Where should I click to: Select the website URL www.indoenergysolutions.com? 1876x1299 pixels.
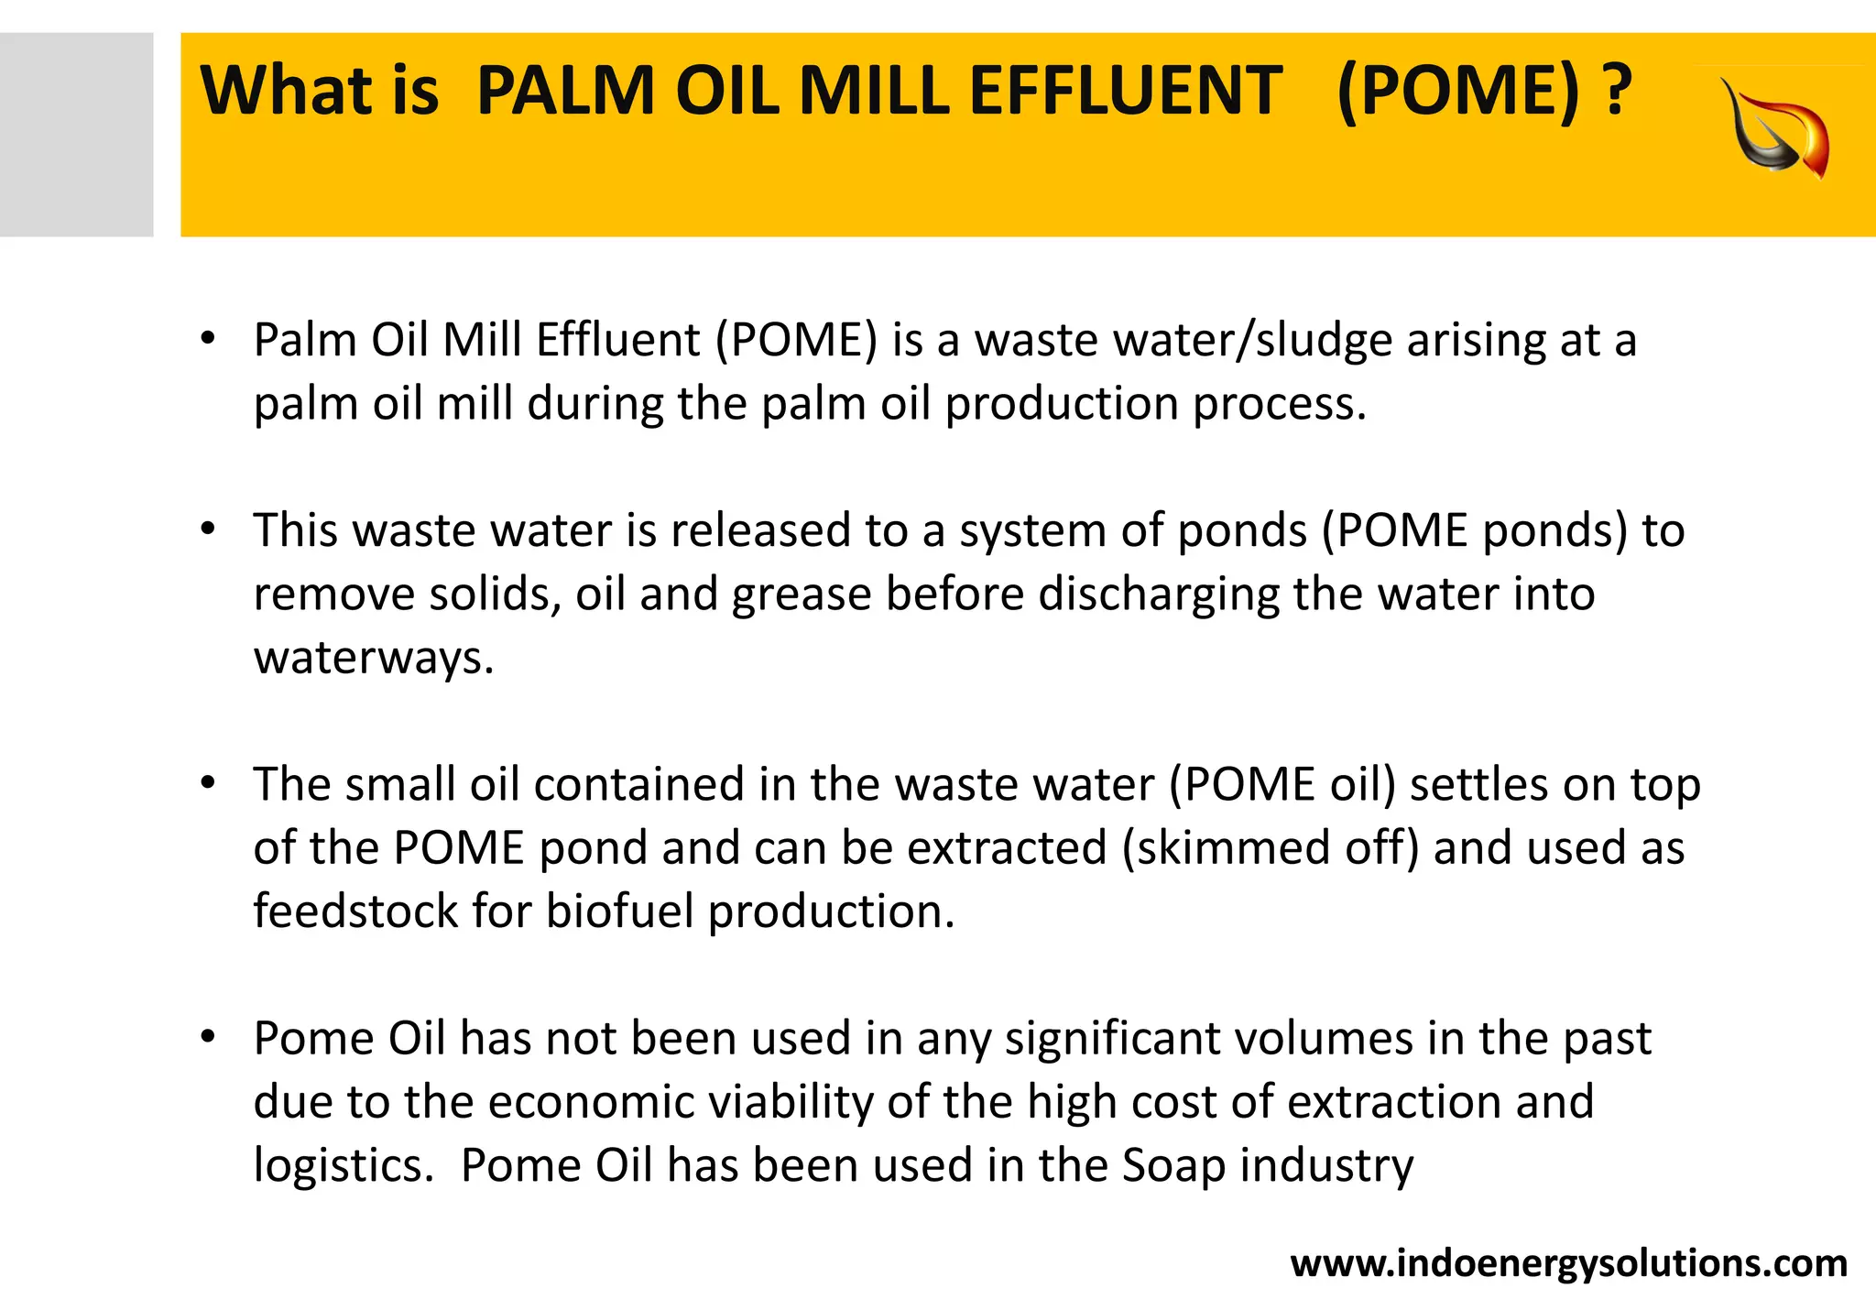coord(1568,1263)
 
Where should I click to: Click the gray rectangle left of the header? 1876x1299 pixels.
coord(76,135)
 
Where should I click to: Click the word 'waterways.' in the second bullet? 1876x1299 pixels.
coord(374,658)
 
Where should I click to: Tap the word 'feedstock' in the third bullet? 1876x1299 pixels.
coord(355,911)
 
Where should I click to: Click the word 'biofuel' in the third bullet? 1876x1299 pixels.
coord(620,911)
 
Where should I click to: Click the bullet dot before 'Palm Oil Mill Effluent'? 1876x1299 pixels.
coord(208,338)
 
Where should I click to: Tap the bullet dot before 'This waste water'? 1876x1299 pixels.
coord(208,529)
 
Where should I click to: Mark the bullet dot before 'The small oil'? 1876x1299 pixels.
coord(208,782)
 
